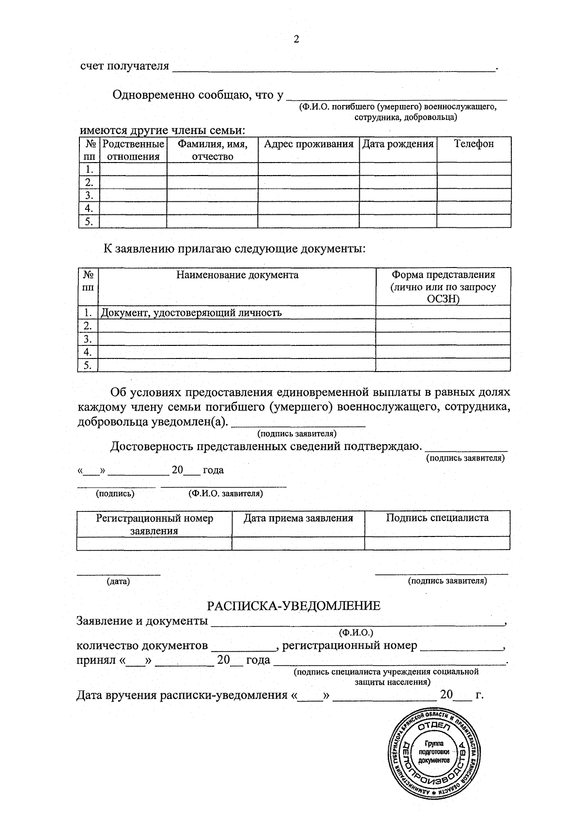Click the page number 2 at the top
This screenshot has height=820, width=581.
296,40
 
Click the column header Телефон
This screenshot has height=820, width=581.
474,144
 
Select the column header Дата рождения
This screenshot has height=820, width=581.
398,144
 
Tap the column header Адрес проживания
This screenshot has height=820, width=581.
308,144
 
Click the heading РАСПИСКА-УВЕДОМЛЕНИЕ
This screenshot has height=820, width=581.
293,606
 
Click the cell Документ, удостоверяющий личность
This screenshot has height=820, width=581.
191,313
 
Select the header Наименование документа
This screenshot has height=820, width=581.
237,275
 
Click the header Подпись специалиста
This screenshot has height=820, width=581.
437,518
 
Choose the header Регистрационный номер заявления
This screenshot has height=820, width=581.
154,524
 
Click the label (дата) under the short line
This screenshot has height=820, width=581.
118,581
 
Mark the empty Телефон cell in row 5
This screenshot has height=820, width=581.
474,222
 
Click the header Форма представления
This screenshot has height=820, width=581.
443,286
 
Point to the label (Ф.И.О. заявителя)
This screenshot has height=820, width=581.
226,493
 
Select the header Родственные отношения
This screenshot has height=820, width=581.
133,150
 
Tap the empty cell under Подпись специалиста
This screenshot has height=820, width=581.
437,543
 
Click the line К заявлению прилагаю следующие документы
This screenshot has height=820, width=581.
234,249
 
